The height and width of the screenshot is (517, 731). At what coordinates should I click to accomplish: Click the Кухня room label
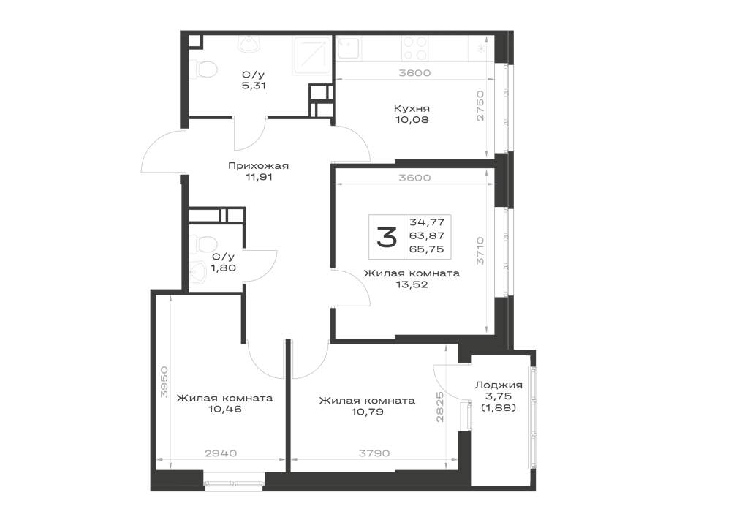pyautogui.click(x=412, y=109)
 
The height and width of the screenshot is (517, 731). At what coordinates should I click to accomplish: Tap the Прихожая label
pyautogui.click(x=258, y=165)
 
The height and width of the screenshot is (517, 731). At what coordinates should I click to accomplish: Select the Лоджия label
pyautogui.click(x=499, y=385)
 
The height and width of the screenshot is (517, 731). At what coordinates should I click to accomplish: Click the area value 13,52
pyautogui.click(x=412, y=284)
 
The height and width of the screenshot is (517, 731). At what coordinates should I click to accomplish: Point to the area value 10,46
pyautogui.click(x=225, y=410)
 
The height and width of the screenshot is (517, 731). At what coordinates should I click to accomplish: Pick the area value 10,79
pyautogui.click(x=368, y=411)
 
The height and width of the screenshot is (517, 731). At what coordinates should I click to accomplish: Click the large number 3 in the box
pyautogui.click(x=387, y=237)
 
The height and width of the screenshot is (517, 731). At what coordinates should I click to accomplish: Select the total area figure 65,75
pyautogui.click(x=427, y=249)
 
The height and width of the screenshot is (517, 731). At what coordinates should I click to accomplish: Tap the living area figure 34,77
pyautogui.click(x=427, y=222)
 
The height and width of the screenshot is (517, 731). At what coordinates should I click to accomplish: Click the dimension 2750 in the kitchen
pyautogui.click(x=480, y=105)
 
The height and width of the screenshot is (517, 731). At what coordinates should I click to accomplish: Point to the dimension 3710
pyautogui.click(x=480, y=251)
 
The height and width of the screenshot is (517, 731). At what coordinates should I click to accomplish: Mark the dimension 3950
pyautogui.click(x=163, y=382)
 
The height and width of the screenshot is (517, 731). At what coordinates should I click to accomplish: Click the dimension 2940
pyautogui.click(x=221, y=453)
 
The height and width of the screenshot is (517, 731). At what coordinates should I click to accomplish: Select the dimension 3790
pyautogui.click(x=374, y=453)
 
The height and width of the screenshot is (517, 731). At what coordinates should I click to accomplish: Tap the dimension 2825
pyautogui.click(x=439, y=407)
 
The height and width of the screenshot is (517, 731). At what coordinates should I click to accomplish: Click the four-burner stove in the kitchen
pyautogui.click(x=415, y=48)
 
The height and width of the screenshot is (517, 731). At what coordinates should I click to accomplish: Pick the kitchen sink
pyautogui.click(x=348, y=49)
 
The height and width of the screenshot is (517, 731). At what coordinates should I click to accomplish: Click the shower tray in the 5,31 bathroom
pyautogui.click(x=311, y=56)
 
